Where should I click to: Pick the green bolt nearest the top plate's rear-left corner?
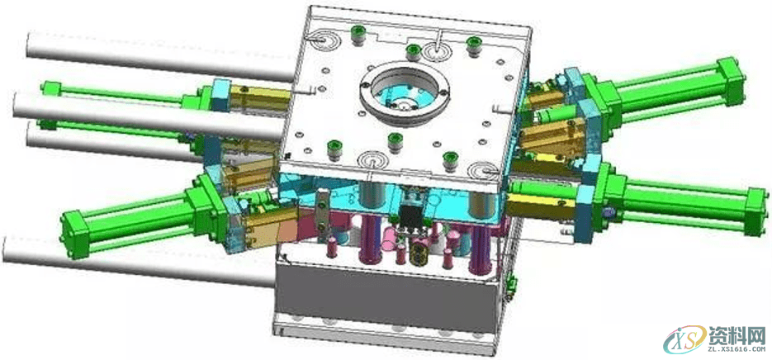point(355,36)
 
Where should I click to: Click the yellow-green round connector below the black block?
point(419,252)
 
